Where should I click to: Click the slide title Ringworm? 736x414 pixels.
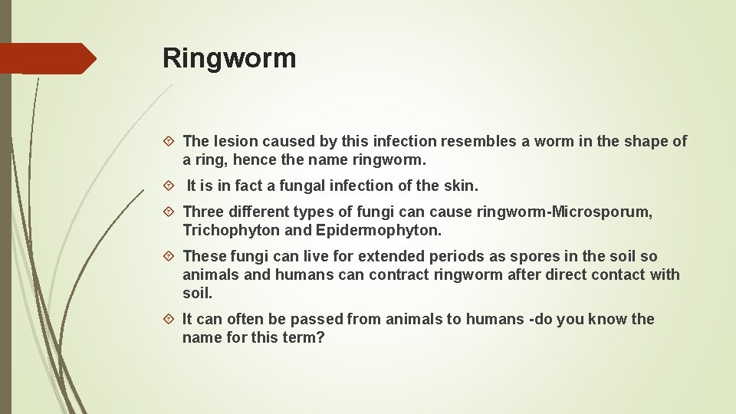[229, 58]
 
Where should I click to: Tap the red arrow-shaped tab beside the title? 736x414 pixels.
[48, 58]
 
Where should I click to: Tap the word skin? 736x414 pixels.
[459, 186]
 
